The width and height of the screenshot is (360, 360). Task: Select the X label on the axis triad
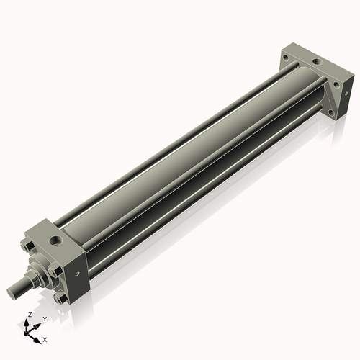45,338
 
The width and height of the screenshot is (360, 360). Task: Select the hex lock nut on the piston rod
34,277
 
